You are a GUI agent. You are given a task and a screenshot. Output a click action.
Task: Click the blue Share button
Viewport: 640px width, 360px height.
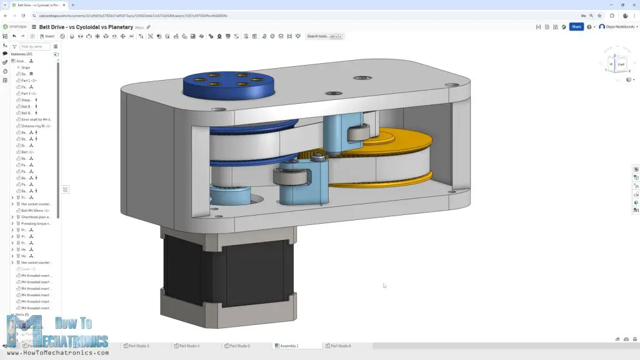(576, 27)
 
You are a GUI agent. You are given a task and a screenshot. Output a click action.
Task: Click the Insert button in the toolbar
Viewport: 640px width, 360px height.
(47, 36)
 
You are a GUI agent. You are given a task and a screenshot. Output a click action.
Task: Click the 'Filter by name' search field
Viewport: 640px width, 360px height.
(34, 46)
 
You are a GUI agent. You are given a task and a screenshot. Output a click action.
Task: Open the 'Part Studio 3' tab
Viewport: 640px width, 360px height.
(137, 346)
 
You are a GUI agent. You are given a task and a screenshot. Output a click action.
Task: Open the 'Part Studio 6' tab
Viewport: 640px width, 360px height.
(339, 346)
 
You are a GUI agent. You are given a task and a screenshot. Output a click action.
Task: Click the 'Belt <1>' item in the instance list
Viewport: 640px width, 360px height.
(28, 152)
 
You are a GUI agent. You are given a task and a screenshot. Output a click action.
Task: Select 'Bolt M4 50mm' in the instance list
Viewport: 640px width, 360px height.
(35, 211)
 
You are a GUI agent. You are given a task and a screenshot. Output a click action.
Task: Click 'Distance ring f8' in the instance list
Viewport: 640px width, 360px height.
(36, 126)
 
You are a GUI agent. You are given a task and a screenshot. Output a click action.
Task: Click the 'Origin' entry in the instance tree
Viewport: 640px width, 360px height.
(26, 67)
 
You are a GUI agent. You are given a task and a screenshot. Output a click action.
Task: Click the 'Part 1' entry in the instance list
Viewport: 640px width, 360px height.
(29, 81)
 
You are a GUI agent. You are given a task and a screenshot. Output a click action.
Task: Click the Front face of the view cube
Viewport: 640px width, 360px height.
(621, 64)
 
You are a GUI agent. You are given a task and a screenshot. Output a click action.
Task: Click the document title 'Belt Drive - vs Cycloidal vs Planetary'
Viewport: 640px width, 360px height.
(86, 27)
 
